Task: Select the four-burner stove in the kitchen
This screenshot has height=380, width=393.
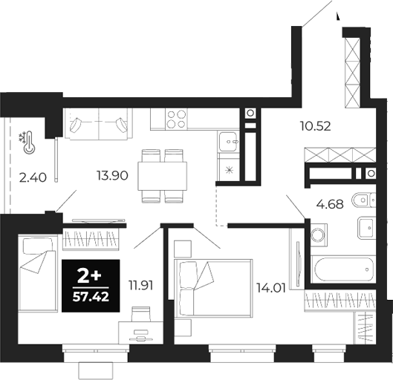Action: [x=175, y=119]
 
